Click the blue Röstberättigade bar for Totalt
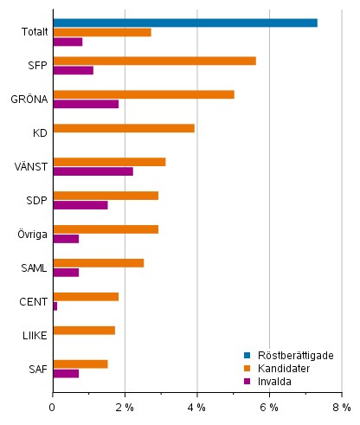pyautogui.click(x=184, y=23)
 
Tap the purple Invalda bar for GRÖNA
pyautogui.click(x=85, y=104)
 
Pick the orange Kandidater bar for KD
pyautogui.click(x=123, y=128)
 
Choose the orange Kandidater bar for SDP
pyautogui.click(x=105, y=196)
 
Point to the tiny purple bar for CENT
pyautogui.click(x=55, y=306)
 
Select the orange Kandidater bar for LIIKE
pyautogui.click(x=83, y=330)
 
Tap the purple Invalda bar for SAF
pyautogui.click(x=66, y=373)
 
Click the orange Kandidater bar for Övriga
pyautogui.click(x=105, y=229)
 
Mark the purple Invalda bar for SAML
pyautogui.click(x=66, y=273)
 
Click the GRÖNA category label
pyautogui.click(x=31, y=100)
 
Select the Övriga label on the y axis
pyautogui.click(x=32, y=235)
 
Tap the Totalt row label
pyautogui.click(x=34, y=33)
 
